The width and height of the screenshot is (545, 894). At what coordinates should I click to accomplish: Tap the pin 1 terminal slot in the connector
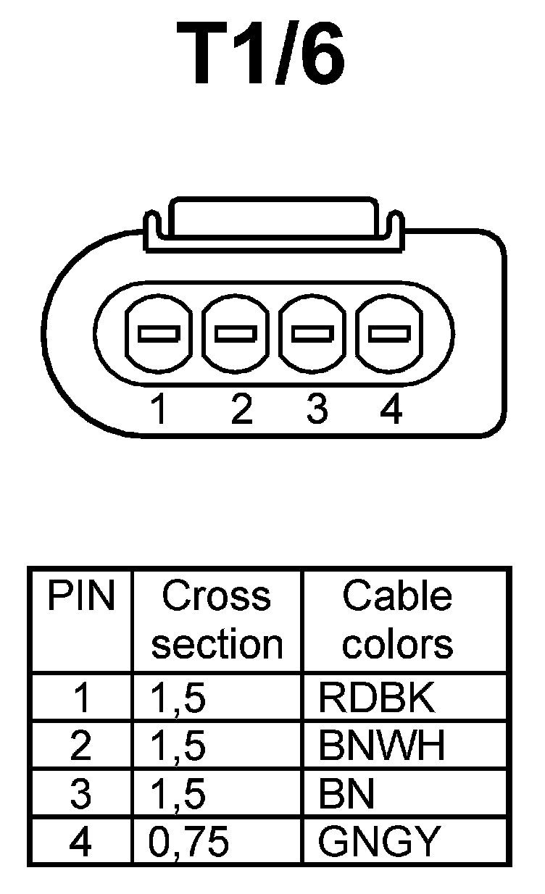click(159, 334)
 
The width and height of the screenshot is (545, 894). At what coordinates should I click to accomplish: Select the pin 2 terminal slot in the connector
click(236, 334)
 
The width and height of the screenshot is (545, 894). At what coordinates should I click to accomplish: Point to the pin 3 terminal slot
click(313, 334)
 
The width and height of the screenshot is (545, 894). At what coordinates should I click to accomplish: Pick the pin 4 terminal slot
click(390, 334)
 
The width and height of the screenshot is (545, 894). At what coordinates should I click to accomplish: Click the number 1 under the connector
click(159, 410)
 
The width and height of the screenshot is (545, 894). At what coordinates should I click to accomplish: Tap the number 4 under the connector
click(391, 410)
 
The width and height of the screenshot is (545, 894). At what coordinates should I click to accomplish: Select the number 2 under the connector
click(241, 410)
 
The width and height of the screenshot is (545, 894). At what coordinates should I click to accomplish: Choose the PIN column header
click(81, 597)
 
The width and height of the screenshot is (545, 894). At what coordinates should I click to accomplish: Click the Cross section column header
click(217, 620)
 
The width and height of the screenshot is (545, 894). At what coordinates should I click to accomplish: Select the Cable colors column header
click(397, 620)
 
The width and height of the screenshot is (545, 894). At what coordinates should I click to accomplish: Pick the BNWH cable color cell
click(381, 746)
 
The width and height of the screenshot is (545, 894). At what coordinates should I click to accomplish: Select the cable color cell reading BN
click(346, 795)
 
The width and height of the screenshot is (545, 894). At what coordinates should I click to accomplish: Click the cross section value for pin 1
click(178, 698)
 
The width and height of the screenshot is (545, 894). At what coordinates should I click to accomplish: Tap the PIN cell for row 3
click(81, 795)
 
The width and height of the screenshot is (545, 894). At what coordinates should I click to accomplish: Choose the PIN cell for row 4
click(81, 842)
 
